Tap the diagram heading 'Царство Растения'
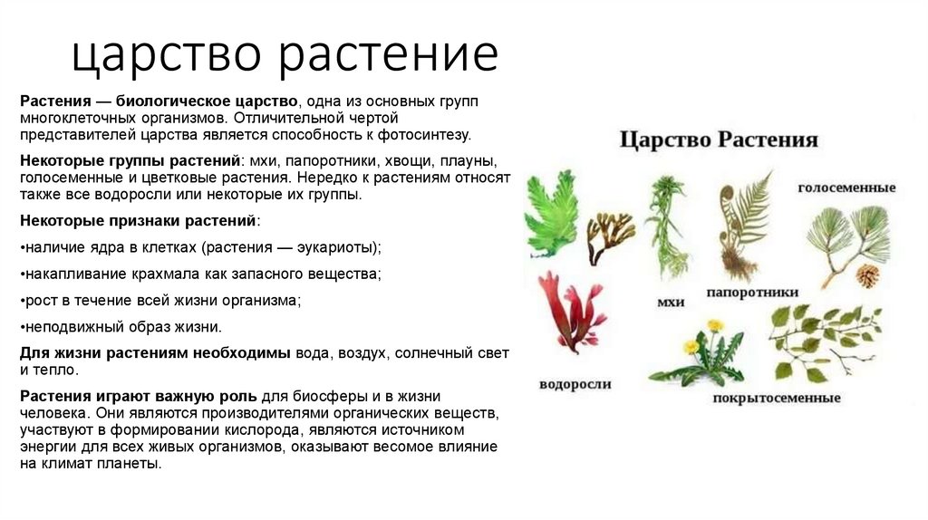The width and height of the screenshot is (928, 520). click(x=719, y=140)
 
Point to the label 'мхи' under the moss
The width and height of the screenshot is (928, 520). click(x=670, y=301)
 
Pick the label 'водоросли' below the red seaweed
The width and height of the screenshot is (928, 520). click(x=575, y=384)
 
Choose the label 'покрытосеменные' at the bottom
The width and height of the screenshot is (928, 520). click(x=777, y=398)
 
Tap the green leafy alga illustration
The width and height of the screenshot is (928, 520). click(x=551, y=214)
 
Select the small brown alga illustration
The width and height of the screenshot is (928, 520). click(x=610, y=234)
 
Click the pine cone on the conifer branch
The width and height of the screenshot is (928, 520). click(x=867, y=275)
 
